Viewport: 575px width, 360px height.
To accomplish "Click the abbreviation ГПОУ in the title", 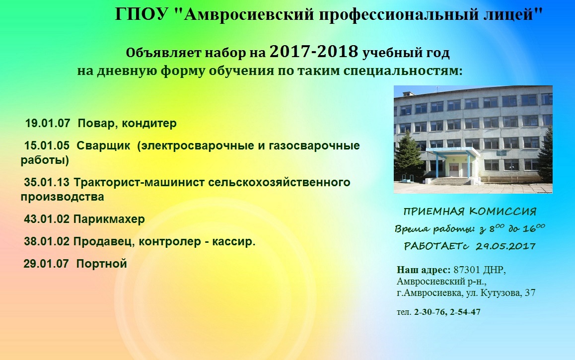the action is [142, 14].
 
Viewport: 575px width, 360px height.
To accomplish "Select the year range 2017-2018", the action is [314, 52].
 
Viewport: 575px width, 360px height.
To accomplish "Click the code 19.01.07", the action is [47, 123].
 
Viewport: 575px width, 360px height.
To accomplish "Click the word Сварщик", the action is [103, 146].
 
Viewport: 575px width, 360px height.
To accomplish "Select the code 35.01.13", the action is [47, 182].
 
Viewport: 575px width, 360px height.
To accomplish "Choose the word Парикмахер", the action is [109, 219].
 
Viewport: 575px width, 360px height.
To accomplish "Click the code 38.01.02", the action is [47, 241].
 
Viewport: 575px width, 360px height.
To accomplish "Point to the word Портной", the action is [102, 264].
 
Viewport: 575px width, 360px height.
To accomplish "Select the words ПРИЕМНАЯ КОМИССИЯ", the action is [470, 212].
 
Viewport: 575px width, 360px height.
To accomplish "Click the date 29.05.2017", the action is [505, 246].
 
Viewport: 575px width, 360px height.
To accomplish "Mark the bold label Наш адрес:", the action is [424, 270].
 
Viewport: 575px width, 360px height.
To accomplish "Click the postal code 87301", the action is [467, 270].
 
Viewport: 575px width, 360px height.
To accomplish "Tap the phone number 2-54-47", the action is [465, 312].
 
